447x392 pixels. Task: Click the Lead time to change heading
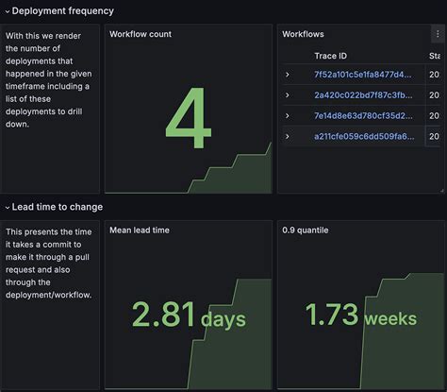pos(58,207)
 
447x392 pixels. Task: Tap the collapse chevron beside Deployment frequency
pos(6,11)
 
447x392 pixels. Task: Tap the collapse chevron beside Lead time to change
pos(6,207)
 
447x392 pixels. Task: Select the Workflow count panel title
pos(141,35)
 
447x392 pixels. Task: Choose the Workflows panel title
pos(303,35)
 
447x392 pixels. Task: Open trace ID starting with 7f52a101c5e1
pos(363,74)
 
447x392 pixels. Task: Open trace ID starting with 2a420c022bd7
pos(363,94)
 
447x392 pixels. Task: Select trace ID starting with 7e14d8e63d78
pos(363,115)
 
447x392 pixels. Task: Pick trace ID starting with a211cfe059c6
pos(363,137)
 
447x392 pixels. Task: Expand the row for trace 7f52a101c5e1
pos(288,74)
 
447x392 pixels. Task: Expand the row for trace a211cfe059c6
pos(288,137)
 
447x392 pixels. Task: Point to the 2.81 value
pos(164,315)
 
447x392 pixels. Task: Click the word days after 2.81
pos(223,319)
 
